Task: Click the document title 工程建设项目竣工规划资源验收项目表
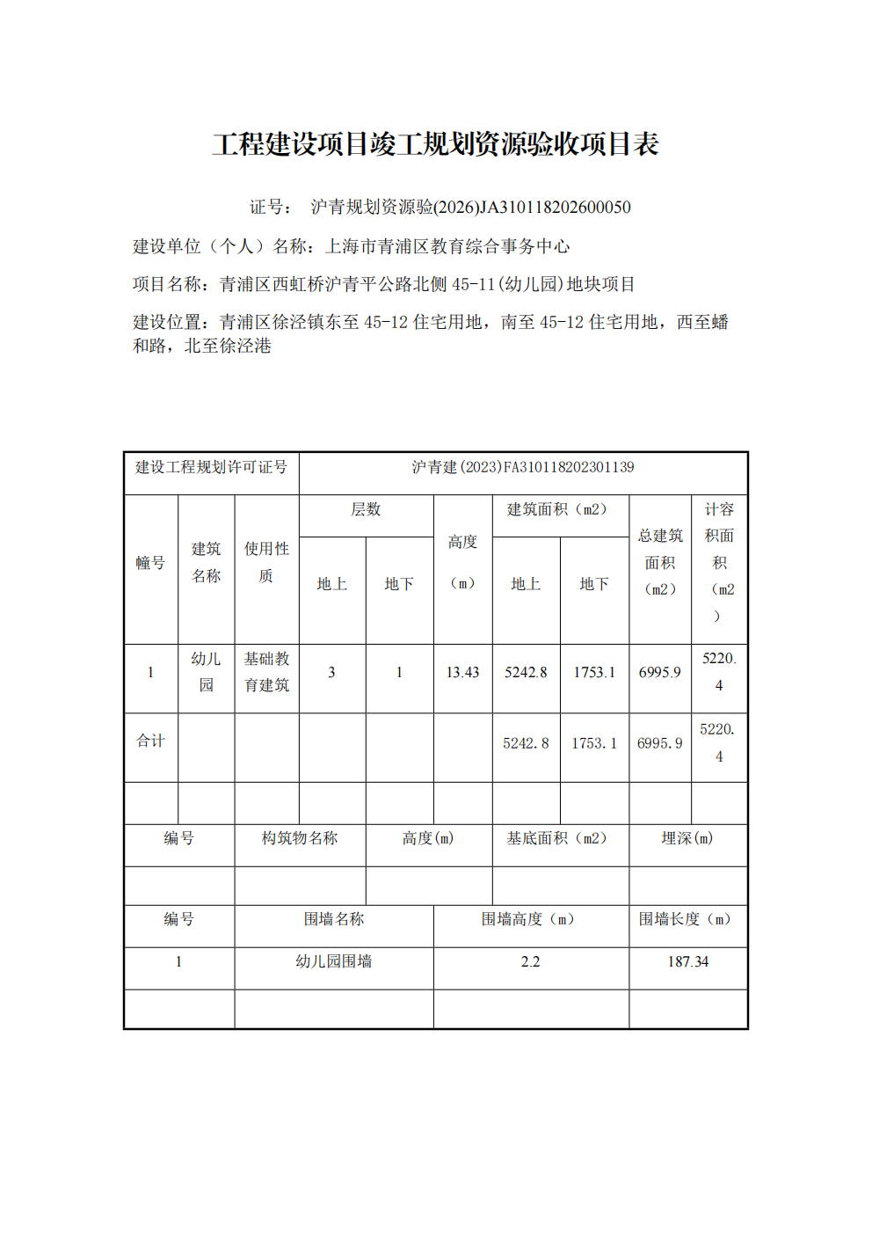coord(435,144)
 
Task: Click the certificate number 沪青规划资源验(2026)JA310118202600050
coord(470,208)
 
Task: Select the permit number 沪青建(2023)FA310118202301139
coord(523,467)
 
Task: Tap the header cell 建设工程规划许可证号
coord(211,467)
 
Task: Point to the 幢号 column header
coord(150,563)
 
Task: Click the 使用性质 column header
coord(266,562)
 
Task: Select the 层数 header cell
coord(366,510)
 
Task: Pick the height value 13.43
coord(462,673)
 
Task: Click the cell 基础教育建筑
coord(266,672)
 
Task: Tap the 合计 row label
coord(150,741)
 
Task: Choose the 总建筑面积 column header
coord(660,562)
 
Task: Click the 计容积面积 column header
coord(719,562)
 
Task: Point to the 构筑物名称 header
coord(300,839)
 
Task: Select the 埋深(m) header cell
coord(687,839)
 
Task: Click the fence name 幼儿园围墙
coord(334,962)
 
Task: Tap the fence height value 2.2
coord(530,962)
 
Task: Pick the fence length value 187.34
coord(687,962)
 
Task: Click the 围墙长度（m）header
coord(687,920)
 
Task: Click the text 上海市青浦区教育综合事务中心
coord(447,247)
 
